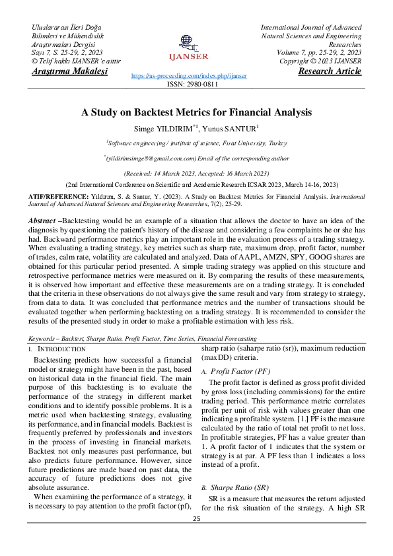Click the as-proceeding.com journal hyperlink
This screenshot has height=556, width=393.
click(189, 76)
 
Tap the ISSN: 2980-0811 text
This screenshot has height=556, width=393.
click(196, 85)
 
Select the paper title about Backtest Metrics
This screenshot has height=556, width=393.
click(196, 112)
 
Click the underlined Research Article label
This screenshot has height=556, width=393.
click(330, 71)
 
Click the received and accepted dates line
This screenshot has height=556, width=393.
click(196, 172)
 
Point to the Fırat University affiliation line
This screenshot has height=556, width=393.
click(196, 143)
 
